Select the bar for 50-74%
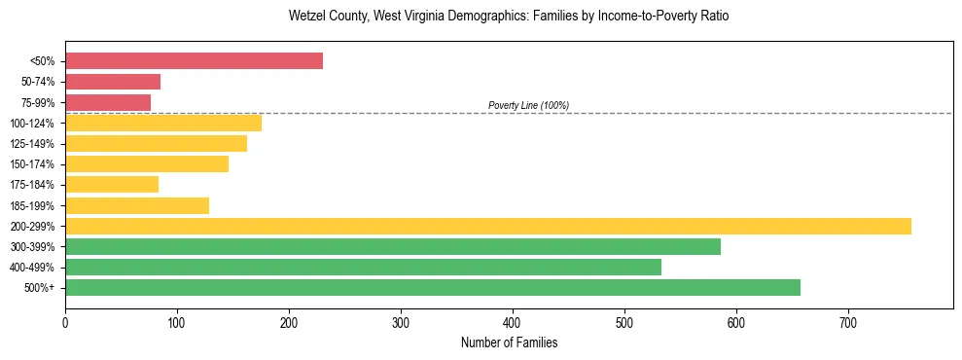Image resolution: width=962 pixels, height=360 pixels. coord(113,82)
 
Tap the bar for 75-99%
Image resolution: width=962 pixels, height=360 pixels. coord(108,102)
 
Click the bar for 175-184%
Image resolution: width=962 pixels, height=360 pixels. coord(112,184)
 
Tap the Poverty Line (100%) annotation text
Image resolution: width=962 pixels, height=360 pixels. coord(528,105)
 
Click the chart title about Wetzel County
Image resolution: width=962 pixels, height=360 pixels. coord(509,17)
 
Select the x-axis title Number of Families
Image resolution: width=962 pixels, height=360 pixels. coord(509,342)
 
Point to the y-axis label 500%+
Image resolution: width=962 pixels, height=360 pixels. coord(39,288)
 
